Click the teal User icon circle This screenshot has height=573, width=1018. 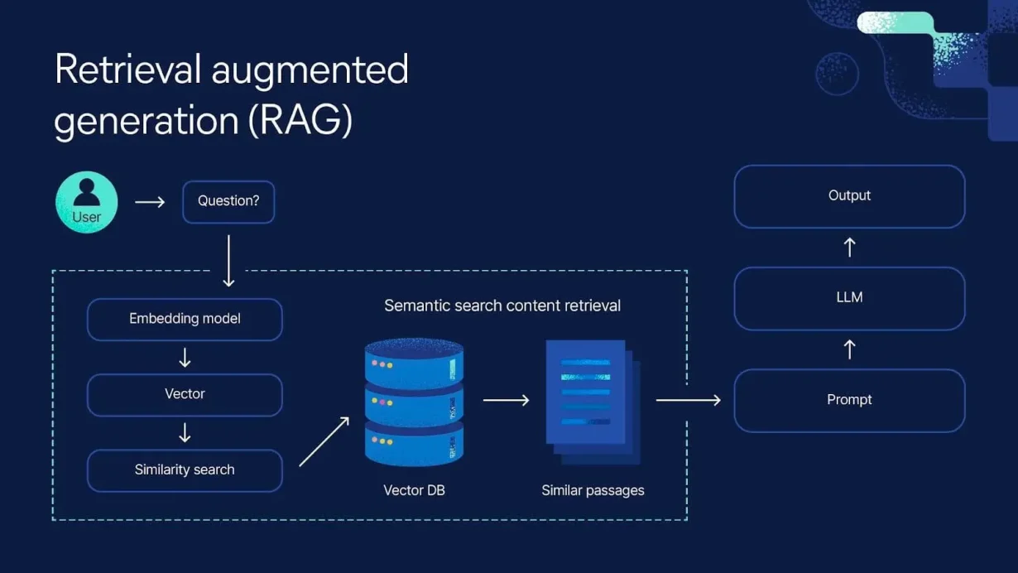coord(86,202)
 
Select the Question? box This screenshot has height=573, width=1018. coord(228,201)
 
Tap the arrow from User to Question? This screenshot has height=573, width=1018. coord(150,202)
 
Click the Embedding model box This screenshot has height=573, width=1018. coord(185,319)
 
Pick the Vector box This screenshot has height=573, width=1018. coord(185,394)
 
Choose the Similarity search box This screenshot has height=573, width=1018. coord(185,470)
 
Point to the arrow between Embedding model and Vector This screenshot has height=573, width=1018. coord(185,358)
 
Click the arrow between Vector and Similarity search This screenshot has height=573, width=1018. coord(185,433)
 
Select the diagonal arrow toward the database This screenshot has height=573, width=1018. coord(324,442)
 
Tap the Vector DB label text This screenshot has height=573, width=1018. coord(414,490)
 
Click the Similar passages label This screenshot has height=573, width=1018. coord(593,490)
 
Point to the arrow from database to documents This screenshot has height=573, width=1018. coord(506,400)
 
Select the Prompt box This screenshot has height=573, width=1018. coord(849,400)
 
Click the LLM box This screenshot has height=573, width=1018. coord(849,297)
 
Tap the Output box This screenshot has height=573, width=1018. coord(849,196)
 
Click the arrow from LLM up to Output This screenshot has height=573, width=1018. coord(849,247)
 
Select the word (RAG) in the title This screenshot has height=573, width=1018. coord(300,121)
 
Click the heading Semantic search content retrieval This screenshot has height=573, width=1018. coord(502,306)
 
